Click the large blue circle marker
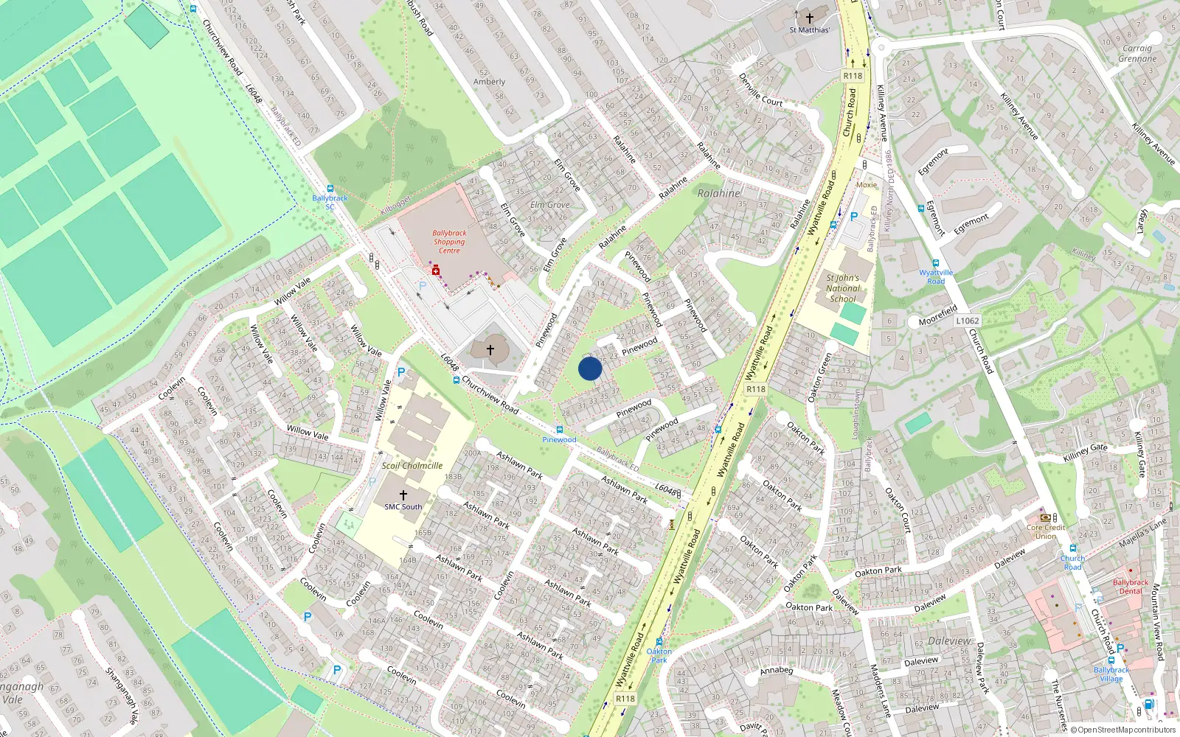pyautogui.click(x=590, y=368)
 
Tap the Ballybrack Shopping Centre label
pyautogui.click(x=449, y=242)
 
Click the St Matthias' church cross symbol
pyautogui.click(x=809, y=18)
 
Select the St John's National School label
pyautogui.click(x=843, y=288)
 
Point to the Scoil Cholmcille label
pyautogui.click(x=412, y=466)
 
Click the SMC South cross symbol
pyautogui.click(x=403, y=495)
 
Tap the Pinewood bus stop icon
pyautogui.click(x=560, y=430)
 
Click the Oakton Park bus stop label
pyautogui.click(x=659, y=655)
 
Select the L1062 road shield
pyautogui.click(x=967, y=321)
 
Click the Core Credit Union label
pyautogui.click(x=1046, y=531)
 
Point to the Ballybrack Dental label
pyautogui.click(x=1130, y=587)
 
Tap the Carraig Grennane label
pyautogui.click(x=1137, y=53)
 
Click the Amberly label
pyautogui.click(x=489, y=82)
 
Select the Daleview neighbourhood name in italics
pyautogui.click(x=950, y=641)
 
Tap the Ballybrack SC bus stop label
pyautogui.click(x=330, y=202)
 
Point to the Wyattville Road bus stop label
pyautogui.click(x=936, y=276)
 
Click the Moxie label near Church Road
pyautogui.click(x=867, y=185)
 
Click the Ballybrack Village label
pyautogui.click(x=1111, y=674)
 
